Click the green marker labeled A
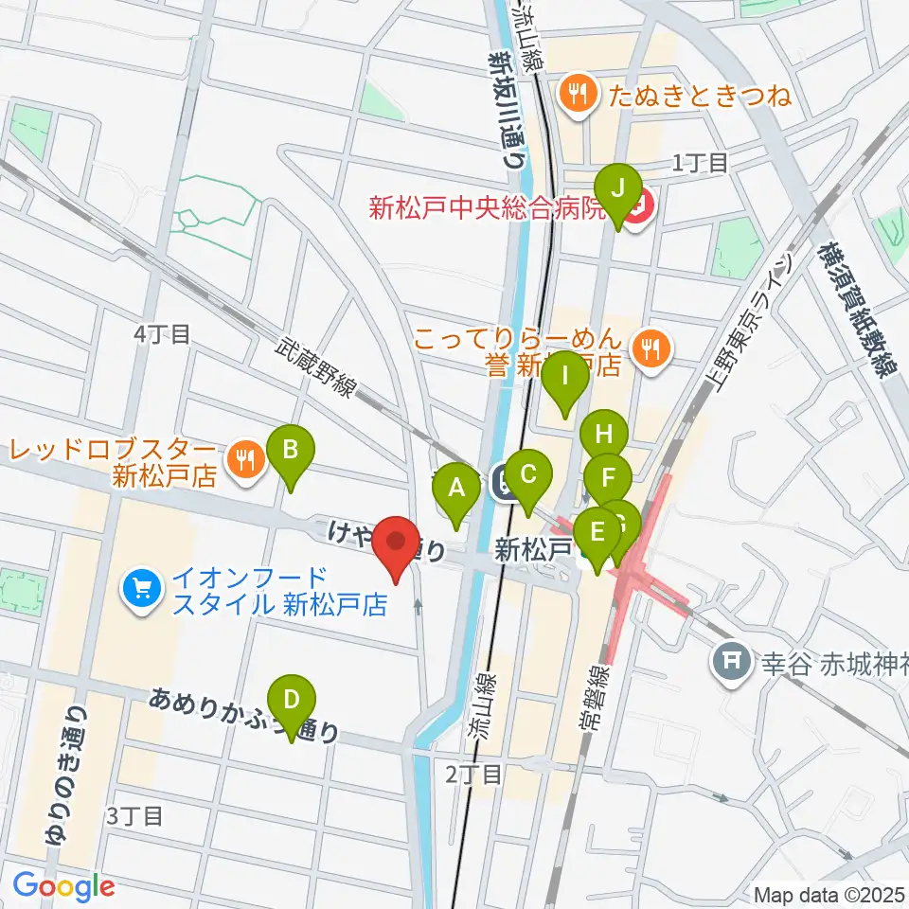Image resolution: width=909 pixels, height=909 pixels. click(x=456, y=490)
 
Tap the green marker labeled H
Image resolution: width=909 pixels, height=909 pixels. click(x=604, y=437)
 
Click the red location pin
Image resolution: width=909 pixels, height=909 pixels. click(x=396, y=544)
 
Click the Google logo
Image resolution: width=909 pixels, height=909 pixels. click(x=64, y=886)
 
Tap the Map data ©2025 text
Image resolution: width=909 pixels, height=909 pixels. click(x=829, y=893)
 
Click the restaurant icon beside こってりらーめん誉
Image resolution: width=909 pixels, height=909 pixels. click(x=650, y=348)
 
